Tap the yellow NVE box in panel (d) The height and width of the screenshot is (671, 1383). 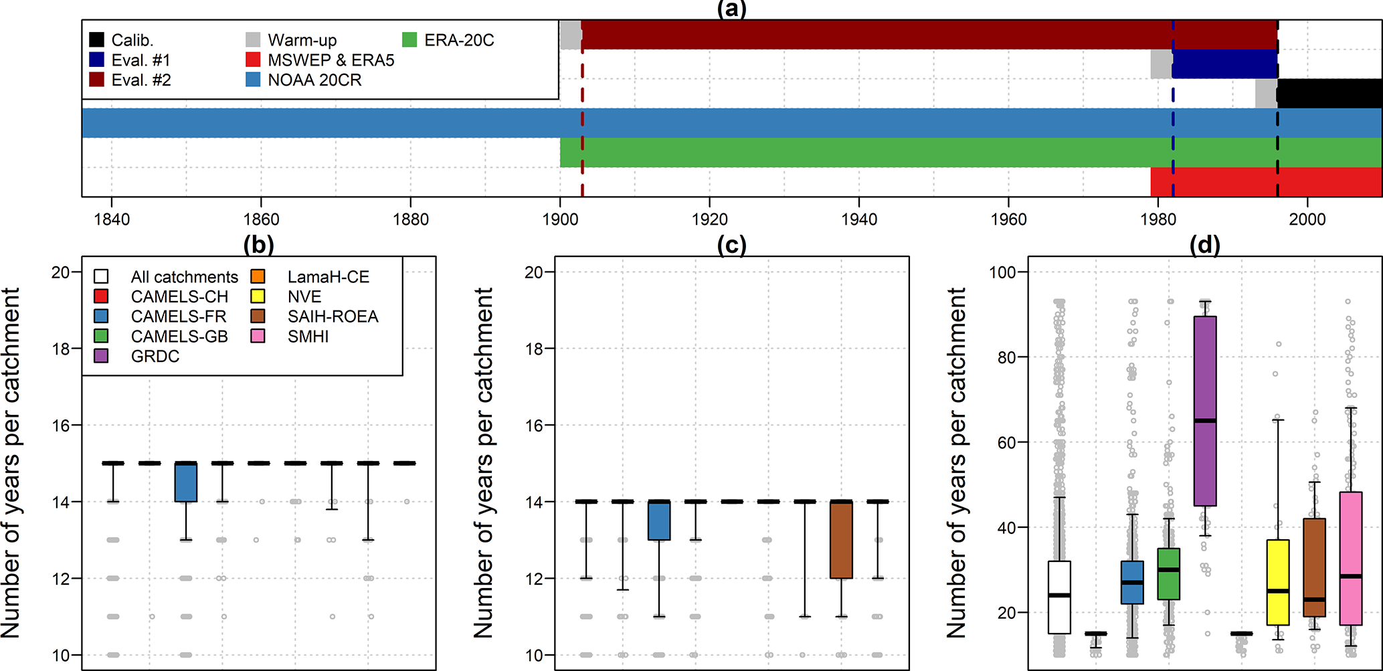point(1278,582)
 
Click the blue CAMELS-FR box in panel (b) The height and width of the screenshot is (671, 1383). point(186,482)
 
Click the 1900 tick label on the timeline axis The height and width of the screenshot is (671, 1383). point(560,219)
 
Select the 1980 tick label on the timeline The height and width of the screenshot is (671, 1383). point(1158,219)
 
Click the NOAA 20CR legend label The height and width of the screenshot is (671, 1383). point(314,80)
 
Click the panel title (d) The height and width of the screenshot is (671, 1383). point(1204,246)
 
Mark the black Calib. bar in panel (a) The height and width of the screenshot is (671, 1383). point(1329,94)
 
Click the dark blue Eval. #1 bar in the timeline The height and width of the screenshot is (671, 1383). point(1224,64)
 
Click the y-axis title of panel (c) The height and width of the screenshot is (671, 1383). point(483,462)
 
